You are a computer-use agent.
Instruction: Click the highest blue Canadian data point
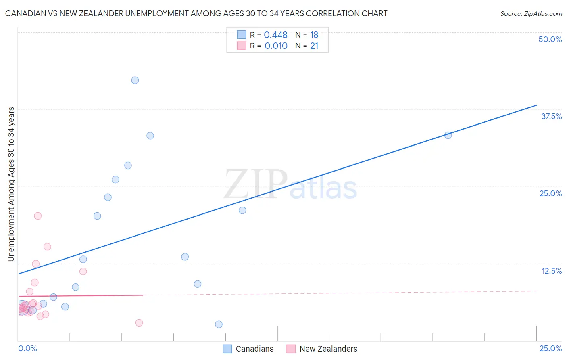pyautogui.click(x=135, y=80)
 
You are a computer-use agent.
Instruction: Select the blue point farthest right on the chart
pyautogui.click(x=448, y=135)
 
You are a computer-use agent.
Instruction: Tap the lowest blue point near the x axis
pyautogui.click(x=219, y=324)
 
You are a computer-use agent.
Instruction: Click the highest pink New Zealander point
pyautogui.click(x=38, y=216)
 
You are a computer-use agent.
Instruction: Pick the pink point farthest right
pyautogui.click(x=139, y=323)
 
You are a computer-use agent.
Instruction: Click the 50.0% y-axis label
pyautogui.click(x=550, y=39)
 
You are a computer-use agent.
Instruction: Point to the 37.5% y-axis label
pyautogui.click(x=551, y=116)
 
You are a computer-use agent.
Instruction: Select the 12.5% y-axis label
pyautogui.click(x=551, y=271)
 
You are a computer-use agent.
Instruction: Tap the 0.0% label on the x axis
pyautogui.click(x=27, y=348)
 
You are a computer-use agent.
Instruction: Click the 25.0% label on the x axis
pyautogui.click(x=550, y=348)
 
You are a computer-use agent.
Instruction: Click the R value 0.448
pyautogui.click(x=275, y=35)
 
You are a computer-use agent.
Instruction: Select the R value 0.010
pyautogui.click(x=276, y=46)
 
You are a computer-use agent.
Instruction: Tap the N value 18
pyautogui.click(x=314, y=35)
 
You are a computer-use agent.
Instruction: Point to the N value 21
pyautogui.click(x=314, y=46)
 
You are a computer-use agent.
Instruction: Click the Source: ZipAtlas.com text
pyautogui.click(x=531, y=14)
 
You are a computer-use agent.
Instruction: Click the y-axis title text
pyautogui.click(x=11, y=184)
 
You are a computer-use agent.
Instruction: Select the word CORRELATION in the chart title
pyautogui.click(x=333, y=13)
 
